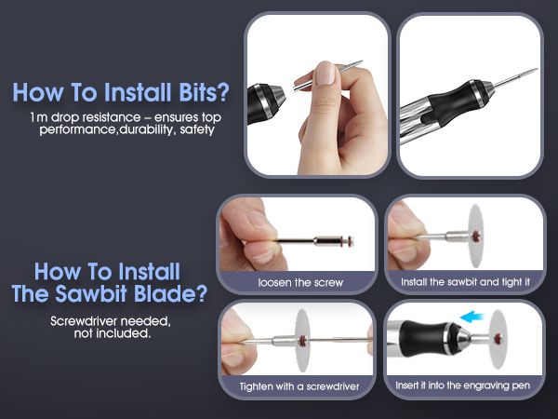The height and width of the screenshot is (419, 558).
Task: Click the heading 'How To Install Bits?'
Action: [121, 94]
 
